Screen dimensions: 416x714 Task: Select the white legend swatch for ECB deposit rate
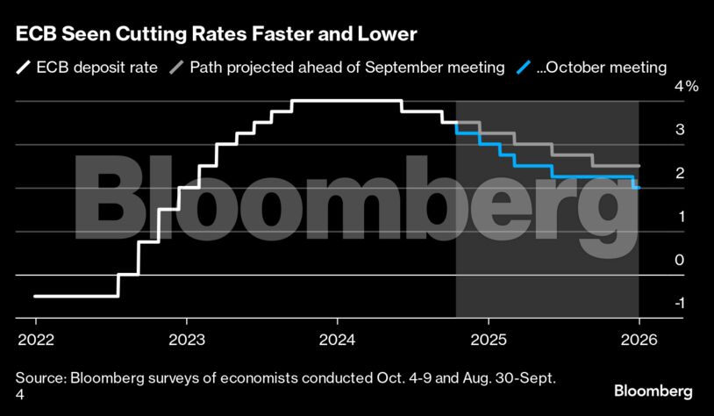click(x=24, y=67)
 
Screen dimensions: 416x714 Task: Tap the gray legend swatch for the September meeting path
click(x=175, y=67)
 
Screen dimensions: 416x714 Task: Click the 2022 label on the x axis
click(x=35, y=339)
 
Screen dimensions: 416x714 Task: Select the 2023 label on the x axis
click(x=186, y=339)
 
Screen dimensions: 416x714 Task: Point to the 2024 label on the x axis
click(x=337, y=339)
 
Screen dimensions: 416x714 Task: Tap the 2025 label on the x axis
click(x=488, y=339)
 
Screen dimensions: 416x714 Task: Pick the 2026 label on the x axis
click(x=639, y=339)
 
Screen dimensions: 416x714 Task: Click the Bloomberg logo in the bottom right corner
click(x=653, y=391)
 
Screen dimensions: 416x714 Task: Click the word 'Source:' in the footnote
click(x=41, y=377)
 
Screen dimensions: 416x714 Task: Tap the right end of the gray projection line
click(x=639, y=166)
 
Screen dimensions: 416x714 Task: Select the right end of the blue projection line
click(x=639, y=187)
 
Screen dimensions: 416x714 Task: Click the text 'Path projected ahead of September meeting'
click(x=347, y=67)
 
